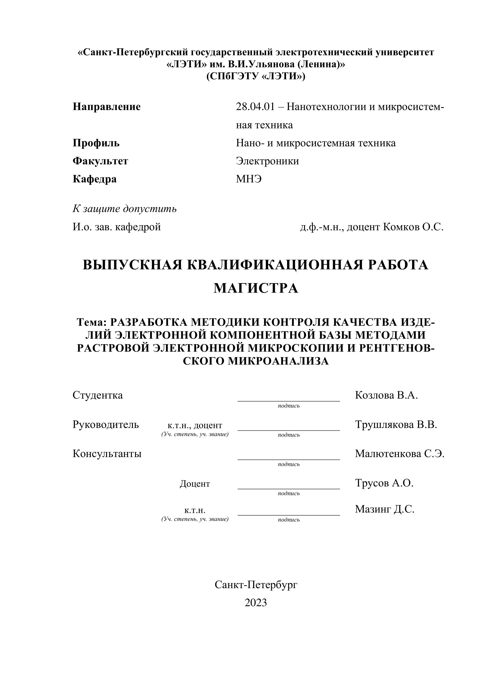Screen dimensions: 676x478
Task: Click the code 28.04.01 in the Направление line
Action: tap(255, 107)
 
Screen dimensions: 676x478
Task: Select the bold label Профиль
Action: tap(96, 143)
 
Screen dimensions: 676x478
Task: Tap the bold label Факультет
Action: tap(100, 161)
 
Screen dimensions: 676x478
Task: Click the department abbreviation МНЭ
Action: tap(249, 179)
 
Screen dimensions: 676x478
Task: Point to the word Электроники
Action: tap(267, 161)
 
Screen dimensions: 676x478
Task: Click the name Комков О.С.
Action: tap(413, 227)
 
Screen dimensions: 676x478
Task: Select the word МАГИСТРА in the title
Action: tap(256, 288)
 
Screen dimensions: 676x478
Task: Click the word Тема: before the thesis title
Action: tap(93, 323)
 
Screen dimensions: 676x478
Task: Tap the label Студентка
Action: tap(97, 395)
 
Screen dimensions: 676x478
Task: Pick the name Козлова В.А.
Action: tap(386, 395)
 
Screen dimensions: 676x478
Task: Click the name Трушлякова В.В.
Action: tap(396, 424)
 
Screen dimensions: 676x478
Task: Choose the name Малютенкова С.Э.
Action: tap(399, 454)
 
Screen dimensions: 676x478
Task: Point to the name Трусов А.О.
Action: tap(384, 483)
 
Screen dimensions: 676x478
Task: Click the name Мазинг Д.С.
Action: tap(384, 509)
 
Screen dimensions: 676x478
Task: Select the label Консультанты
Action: tap(107, 454)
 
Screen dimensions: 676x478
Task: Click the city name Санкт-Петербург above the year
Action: tap(256, 585)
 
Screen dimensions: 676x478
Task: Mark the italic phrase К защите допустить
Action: tap(125, 209)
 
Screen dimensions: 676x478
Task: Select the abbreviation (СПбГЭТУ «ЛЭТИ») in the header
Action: tap(256, 76)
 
